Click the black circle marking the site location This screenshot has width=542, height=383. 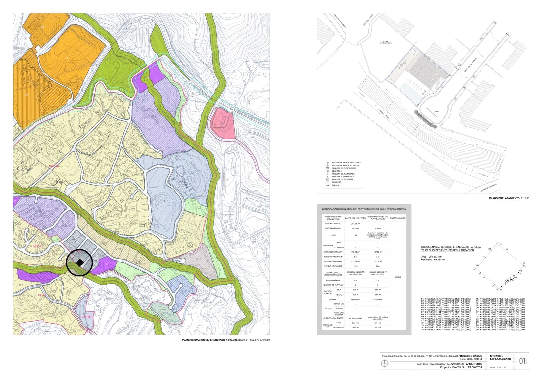[80, 263]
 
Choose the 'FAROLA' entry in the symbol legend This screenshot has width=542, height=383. [335, 185]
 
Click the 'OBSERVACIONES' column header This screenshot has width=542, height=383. [398, 218]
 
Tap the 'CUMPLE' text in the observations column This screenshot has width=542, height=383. [398, 277]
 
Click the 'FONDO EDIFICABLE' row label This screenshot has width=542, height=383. [333, 266]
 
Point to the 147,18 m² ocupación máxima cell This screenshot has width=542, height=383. [378, 262]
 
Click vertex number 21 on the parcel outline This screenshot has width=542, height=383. [498, 243]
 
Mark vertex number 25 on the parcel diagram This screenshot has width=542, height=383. [475, 269]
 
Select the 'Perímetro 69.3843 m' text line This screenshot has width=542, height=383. [433, 260]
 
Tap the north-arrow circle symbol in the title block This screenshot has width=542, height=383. [384, 363]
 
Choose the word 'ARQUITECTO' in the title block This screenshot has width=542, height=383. [474, 364]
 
